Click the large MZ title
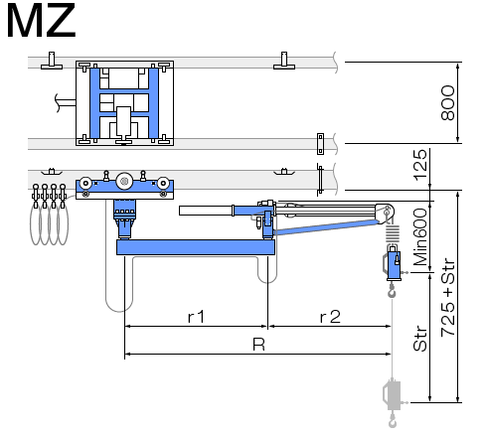tap(41, 21)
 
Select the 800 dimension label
tap(448, 102)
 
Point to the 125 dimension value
tap(420, 165)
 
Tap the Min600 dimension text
tap(420, 236)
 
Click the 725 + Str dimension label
tap(448, 297)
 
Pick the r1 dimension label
tap(196, 317)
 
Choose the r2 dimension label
tap(330, 317)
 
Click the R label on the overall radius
tap(258, 345)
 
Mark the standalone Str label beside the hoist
tap(420, 339)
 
